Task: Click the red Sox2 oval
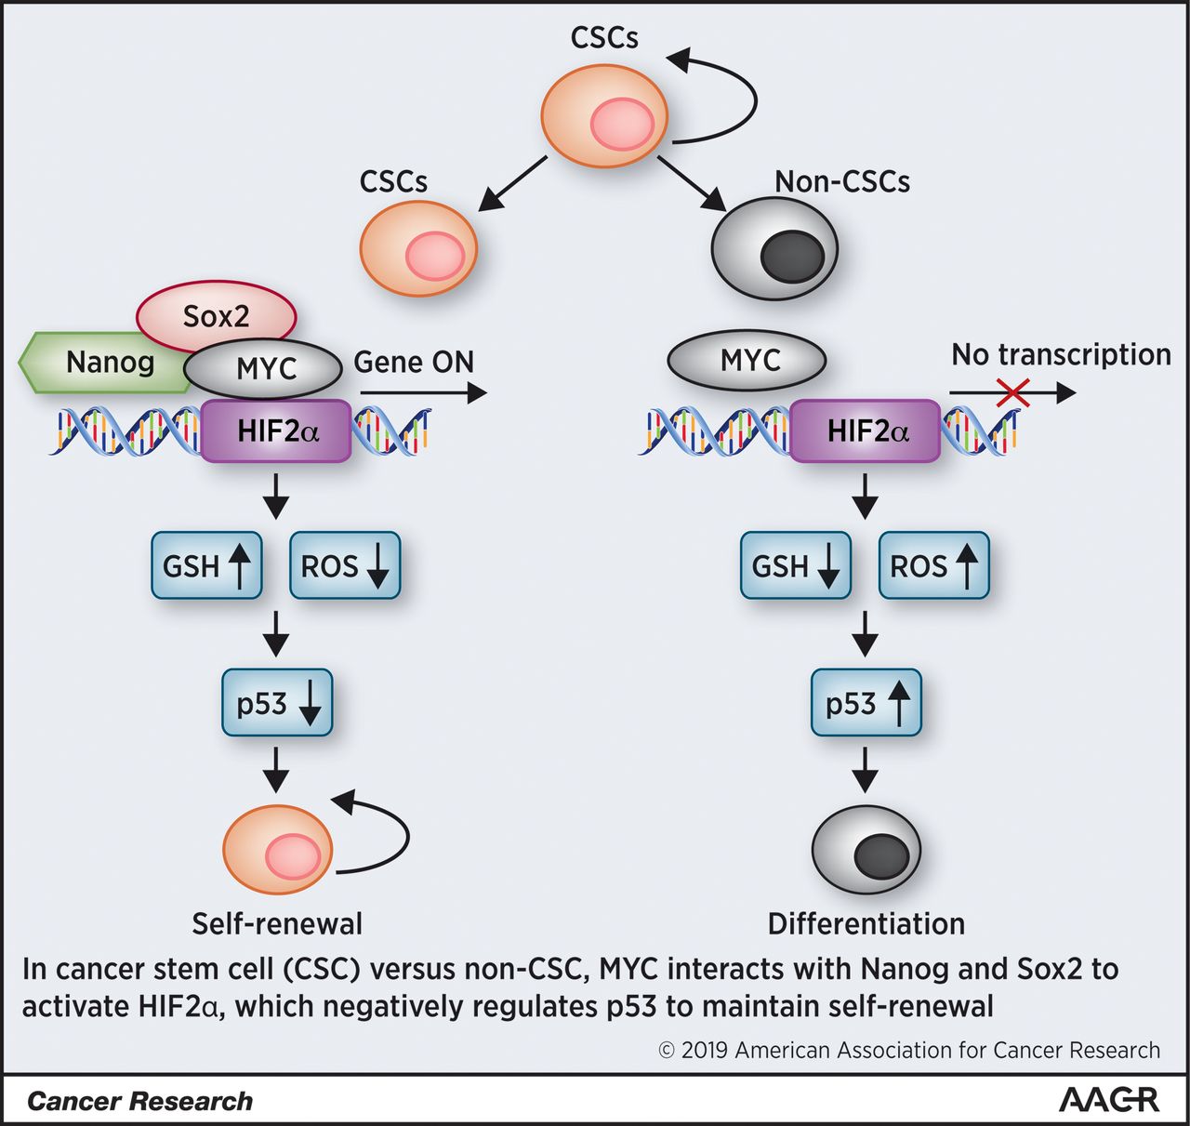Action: point(217,316)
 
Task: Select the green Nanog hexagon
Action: point(102,362)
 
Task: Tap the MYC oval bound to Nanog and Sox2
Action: point(264,368)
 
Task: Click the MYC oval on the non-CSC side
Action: point(747,360)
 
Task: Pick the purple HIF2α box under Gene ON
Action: point(276,431)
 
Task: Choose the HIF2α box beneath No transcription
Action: point(866,431)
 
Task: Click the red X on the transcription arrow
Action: point(1012,393)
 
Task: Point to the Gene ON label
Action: point(414,362)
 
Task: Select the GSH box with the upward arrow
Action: point(206,565)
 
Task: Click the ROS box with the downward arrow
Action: point(345,565)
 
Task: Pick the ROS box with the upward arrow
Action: point(933,565)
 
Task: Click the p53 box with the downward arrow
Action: point(277,703)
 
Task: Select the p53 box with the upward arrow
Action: point(866,703)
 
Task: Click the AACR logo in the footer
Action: point(1109,1100)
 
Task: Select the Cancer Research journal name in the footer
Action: point(139,1101)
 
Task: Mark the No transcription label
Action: point(1061,354)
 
